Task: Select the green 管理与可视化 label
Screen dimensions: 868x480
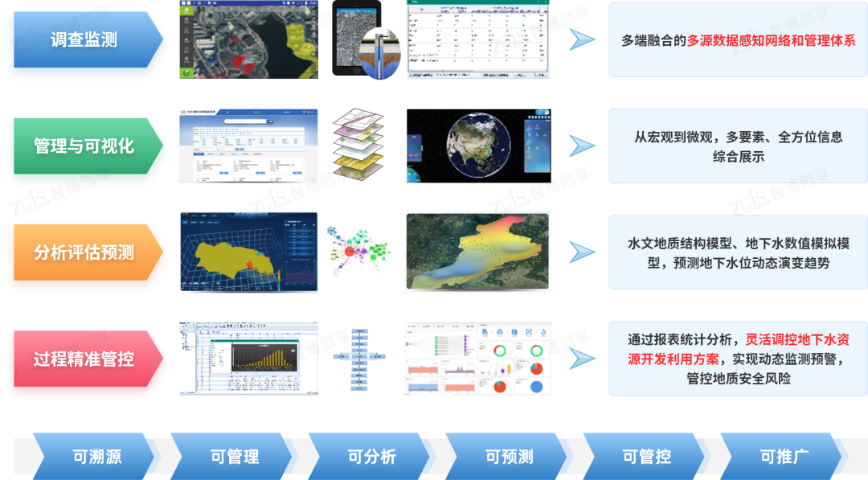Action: click(x=84, y=146)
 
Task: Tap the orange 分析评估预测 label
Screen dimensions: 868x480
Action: click(x=84, y=252)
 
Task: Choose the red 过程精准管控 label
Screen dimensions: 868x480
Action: click(x=84, y=359)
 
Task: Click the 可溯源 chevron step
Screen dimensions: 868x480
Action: click(x=96, y=457)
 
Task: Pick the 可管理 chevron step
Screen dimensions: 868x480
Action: click(x=234, y=457)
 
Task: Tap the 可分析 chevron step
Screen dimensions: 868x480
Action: click(x=371, y=457)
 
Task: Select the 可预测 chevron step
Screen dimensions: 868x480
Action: click(x=509, y=457)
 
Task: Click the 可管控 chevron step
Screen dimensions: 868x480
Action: click(x=646, y=457)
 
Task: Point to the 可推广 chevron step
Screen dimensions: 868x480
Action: click(x=784, y=457)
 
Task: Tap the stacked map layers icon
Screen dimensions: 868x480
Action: click(x=359, y=145)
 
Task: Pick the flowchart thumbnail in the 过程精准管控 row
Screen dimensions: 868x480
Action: click(x=359, y=359)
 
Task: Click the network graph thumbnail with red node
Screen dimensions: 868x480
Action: click(x=358, y=252)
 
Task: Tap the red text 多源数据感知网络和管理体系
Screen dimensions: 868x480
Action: click(x=771, y=40)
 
